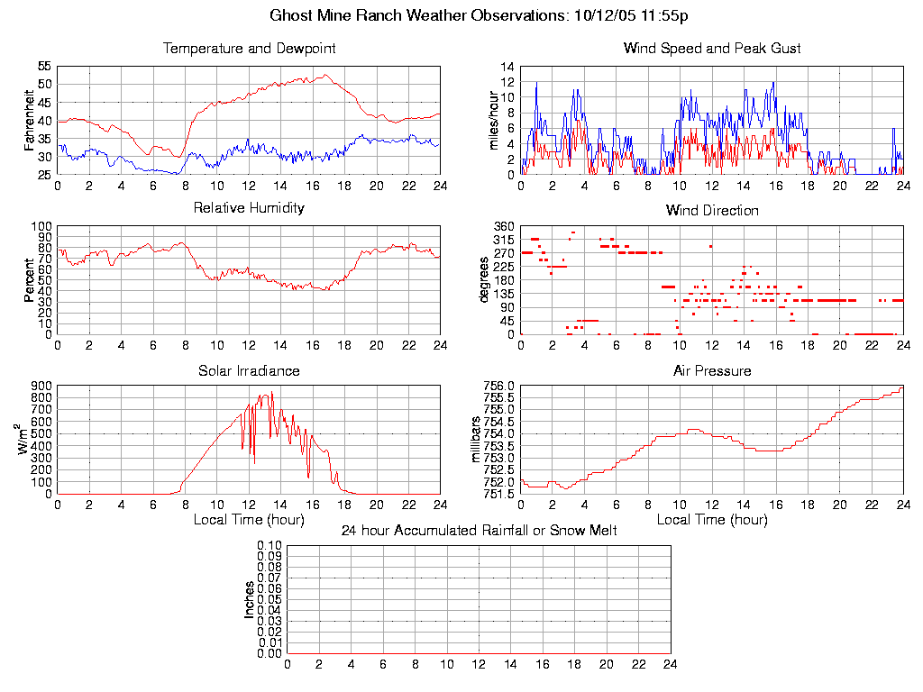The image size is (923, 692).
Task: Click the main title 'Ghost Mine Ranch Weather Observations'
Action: [418, 15]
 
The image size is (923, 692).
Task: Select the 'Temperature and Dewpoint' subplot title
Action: [249, 48]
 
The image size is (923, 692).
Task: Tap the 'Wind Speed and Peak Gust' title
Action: [712, 48]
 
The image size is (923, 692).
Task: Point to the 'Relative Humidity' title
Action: [249, 208]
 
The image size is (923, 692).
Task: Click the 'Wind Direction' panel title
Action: [712, 210]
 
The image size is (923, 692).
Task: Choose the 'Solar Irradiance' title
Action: [249, 370]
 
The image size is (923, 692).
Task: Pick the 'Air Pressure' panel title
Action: [712, 370]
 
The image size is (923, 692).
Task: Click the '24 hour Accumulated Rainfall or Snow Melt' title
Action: [479, 531]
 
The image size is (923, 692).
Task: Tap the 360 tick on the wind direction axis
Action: [503, 226]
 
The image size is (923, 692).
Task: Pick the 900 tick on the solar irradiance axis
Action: [41, 386]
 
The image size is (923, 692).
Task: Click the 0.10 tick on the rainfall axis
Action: [270, 546]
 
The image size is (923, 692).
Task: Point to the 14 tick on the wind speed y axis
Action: [507, 67]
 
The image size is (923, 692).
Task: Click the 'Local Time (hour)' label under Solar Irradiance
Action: [249, 520]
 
